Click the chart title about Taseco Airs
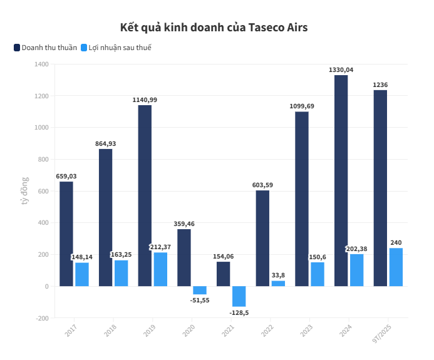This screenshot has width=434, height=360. [214, 28]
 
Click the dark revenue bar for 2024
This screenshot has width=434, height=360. [341, 180]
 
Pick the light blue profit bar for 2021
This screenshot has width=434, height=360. [239, 296]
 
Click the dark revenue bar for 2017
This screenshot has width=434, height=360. [66, 234]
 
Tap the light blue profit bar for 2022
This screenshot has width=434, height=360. [278, 284]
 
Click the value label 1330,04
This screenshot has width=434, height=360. [341, 70]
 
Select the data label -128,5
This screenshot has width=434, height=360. [238, 312]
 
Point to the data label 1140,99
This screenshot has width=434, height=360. [145, 100]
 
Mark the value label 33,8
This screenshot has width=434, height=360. [278, 275]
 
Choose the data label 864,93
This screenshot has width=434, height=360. [105, 144]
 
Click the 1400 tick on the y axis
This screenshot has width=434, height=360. [42, 64]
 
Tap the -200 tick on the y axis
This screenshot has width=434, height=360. [42, 318]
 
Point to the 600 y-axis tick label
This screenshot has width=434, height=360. [43, 191]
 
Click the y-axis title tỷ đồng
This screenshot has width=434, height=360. [25, 191]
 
